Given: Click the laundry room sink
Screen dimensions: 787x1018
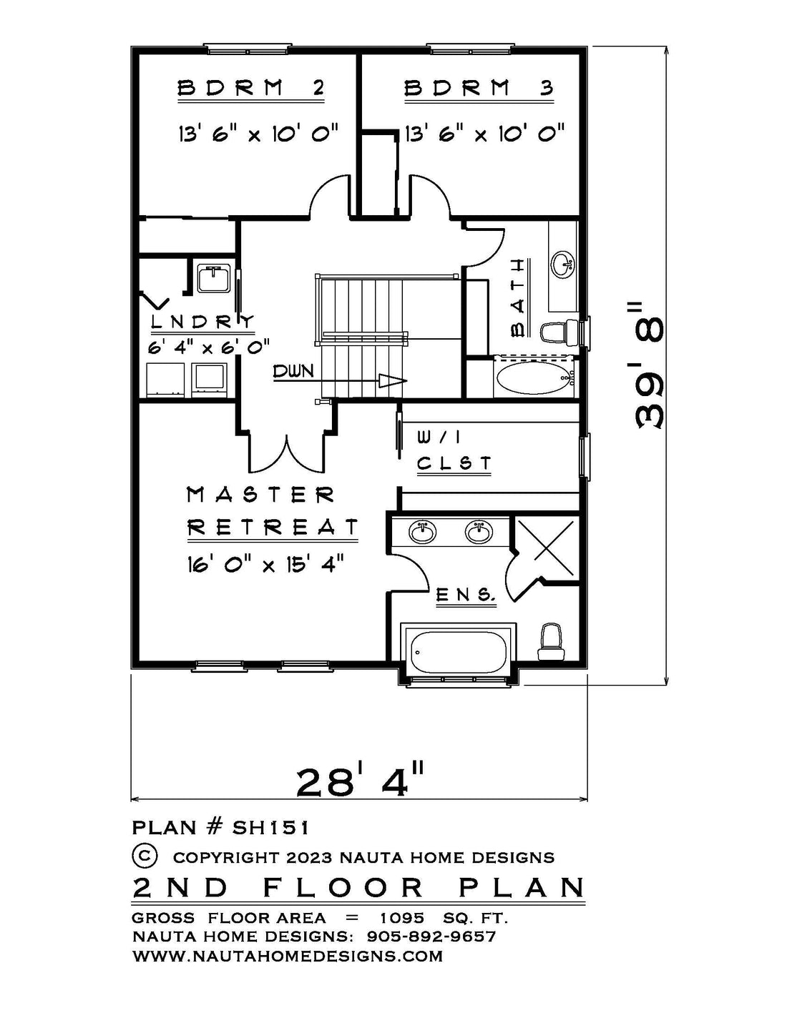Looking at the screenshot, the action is pos(214,279).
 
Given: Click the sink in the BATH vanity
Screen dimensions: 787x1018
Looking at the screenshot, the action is pos(562,265).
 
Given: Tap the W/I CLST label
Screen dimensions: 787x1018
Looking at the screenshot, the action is pos(454,451).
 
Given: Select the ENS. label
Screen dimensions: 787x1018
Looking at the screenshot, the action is pos(466,596).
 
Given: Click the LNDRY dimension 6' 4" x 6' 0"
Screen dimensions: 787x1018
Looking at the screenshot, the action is pos(209,347).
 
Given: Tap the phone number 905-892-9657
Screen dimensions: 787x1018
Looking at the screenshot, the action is pos(431,936).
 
